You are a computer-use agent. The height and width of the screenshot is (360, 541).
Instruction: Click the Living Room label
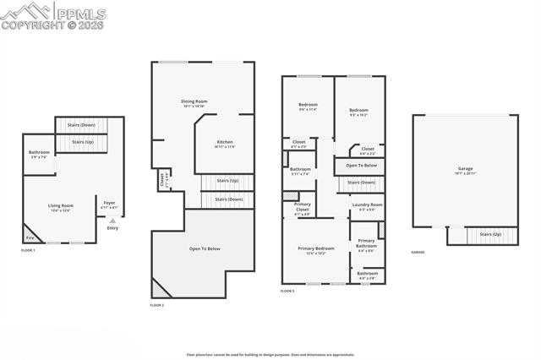point(60,207)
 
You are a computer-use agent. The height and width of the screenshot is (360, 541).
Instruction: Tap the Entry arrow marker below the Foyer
point(112,221)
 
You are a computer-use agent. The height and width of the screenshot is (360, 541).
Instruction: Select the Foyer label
point(110,204)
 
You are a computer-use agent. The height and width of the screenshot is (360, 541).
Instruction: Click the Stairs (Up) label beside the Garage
point(490,234)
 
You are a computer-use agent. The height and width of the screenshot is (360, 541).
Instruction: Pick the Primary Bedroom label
point(315,249)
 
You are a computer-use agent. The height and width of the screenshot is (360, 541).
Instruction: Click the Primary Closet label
point(302,206)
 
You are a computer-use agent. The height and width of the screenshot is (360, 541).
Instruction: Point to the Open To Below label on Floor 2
point(205,248)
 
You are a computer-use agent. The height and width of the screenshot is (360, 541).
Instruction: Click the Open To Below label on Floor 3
point(361,165)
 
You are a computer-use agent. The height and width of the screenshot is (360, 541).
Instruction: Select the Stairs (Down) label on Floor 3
point(361,183)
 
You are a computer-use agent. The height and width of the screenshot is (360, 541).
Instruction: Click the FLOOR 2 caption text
point(157,305)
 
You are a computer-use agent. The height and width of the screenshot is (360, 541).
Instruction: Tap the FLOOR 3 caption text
point(287,291)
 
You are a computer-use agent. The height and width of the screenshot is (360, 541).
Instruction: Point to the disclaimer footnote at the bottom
point(270,355)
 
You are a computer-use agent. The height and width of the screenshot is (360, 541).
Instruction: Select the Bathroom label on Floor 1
point(40,154)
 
